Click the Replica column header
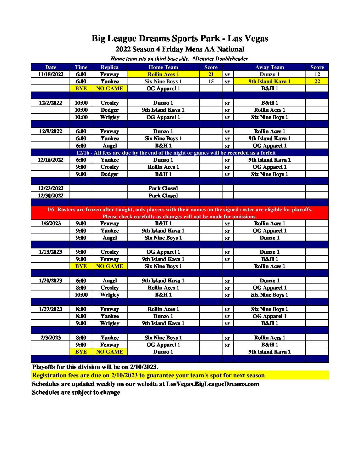[110, 67]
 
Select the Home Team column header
[163, 67]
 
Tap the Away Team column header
[269, 67]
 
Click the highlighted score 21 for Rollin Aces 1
[211, 74]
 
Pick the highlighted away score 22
[317, 81]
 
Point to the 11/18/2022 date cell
[50, 74]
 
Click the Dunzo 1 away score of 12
[317, 74]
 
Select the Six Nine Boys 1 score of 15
[211, 81]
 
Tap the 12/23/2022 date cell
[50, 188]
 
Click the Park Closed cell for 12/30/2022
[163, 196]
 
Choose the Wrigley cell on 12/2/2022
[110, 117]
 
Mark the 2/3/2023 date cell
[50, 338]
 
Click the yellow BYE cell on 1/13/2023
[81, 266]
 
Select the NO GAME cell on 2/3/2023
[110, 352]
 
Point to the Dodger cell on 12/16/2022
[110, 174]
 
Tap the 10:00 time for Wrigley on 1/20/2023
[81, 295]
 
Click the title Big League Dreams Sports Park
[180, 38]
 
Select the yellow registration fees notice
[148, 375]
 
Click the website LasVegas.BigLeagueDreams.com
[213, 384]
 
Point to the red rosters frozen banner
[180, 213]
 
